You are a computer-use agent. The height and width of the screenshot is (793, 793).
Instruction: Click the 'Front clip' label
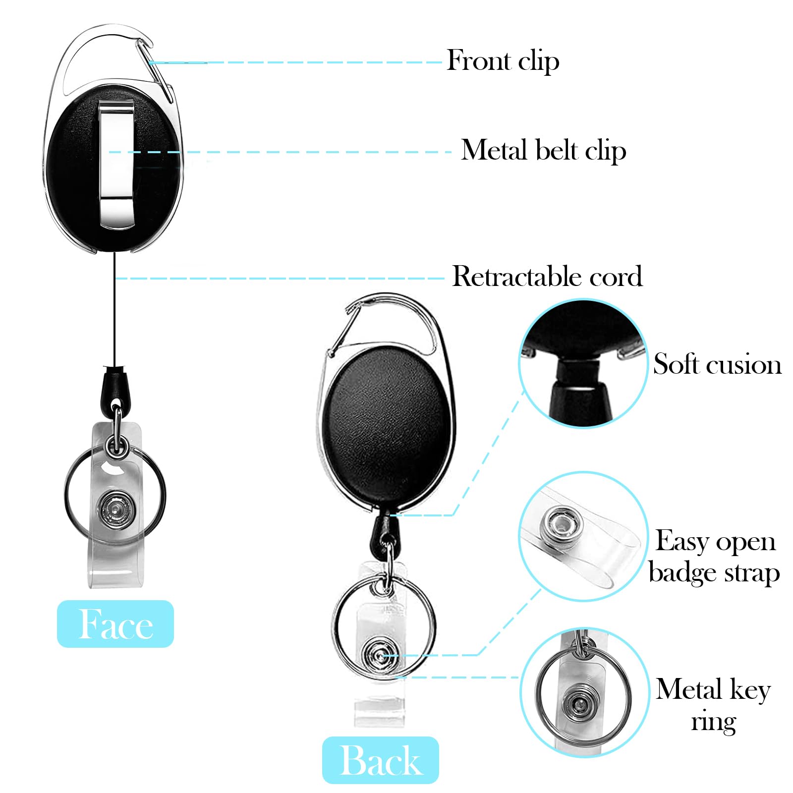503,61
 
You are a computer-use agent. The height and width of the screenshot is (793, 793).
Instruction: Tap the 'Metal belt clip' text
544,150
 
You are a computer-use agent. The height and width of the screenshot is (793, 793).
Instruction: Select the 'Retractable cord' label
548,276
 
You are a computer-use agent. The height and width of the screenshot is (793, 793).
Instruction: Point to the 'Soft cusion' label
717,364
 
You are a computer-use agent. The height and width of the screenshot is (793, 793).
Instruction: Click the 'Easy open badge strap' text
715,557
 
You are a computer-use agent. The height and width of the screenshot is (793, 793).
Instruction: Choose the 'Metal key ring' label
714,705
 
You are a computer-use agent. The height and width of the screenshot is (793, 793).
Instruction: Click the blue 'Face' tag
115,623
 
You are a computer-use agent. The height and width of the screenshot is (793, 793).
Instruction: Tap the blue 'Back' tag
381,760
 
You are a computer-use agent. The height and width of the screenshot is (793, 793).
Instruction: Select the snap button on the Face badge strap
116,509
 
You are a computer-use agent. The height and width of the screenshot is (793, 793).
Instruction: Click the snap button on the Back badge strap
379,656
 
